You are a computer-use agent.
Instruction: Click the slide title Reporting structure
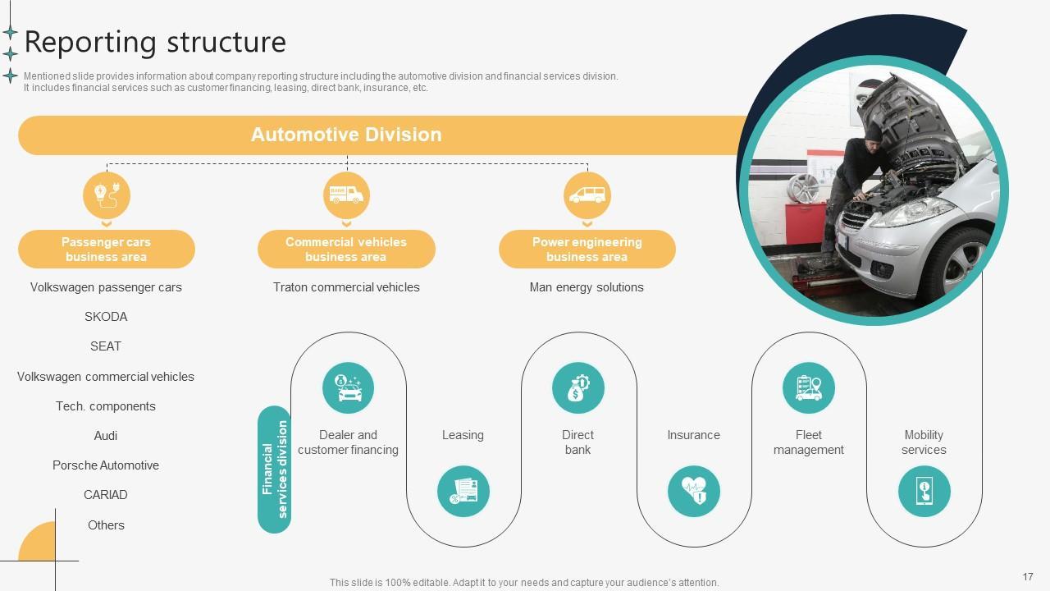155,42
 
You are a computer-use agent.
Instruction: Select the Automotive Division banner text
346,135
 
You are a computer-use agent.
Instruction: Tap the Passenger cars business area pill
107,250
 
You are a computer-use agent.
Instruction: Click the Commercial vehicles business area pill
346,250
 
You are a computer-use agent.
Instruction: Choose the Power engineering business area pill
587,250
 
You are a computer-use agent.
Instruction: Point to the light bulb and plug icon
107,195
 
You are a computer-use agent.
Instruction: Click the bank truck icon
346,195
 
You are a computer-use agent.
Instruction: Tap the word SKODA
106,317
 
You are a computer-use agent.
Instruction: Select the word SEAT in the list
106,346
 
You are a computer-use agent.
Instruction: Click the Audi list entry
106,436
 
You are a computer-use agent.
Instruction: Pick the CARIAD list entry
106,495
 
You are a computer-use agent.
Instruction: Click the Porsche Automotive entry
106,465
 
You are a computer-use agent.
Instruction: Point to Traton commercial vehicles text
346,287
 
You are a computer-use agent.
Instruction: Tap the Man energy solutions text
587,287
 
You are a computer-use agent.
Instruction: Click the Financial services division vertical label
275,470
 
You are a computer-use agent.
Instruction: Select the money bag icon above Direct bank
577,387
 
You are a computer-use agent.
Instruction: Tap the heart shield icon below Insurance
693,492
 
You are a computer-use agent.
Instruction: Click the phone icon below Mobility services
924,492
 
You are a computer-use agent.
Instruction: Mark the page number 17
1028,577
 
